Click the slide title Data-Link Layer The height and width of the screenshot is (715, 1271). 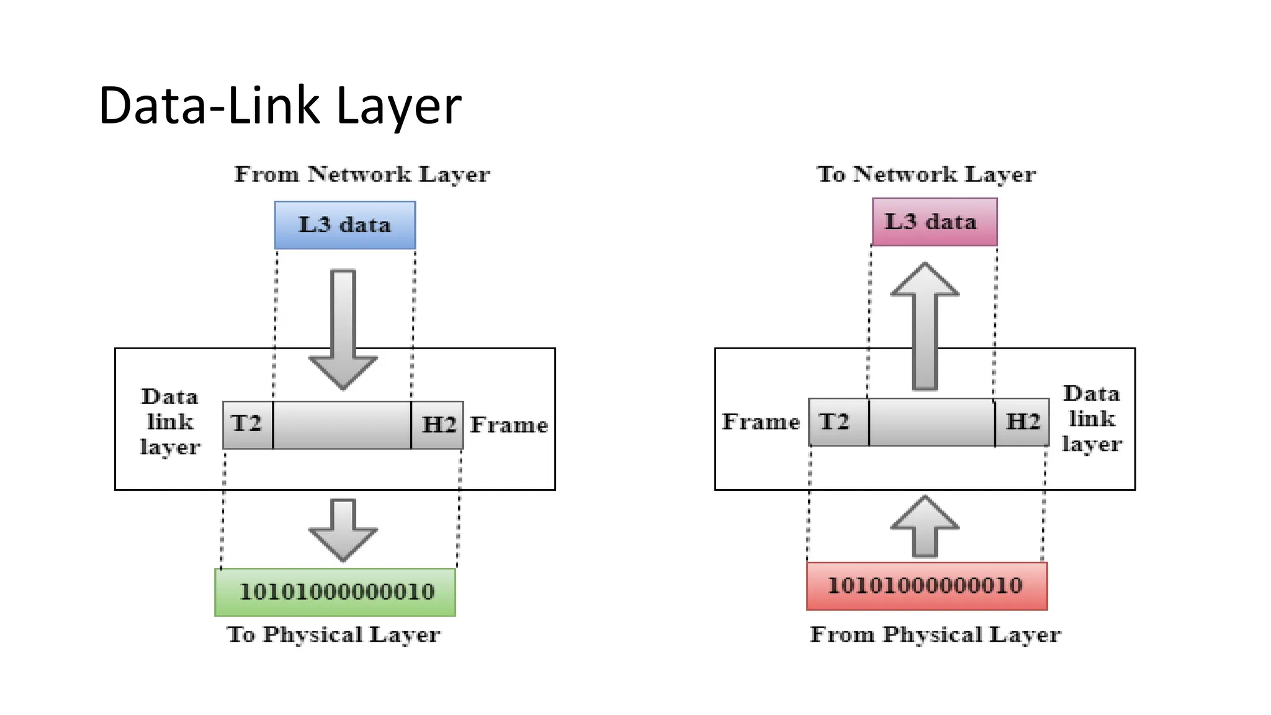pos(279,106)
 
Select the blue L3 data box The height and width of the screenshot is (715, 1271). pos(345,225)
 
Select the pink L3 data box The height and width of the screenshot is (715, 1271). pos(934,222)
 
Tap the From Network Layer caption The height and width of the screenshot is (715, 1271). pos(362,174)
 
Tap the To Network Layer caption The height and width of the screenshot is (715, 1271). pos(926,174)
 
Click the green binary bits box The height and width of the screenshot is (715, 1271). pos(335,591)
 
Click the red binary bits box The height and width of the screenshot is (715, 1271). pos(927,585)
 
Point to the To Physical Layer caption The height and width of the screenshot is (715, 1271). pos(334,634)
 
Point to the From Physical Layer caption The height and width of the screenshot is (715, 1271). pos(935,634)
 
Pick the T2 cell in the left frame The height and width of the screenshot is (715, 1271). pos(247,425)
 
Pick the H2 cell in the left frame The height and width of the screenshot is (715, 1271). pos(438,425)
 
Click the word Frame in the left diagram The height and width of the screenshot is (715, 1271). pos(509,425)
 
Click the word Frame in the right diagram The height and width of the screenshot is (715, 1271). pos(761,422)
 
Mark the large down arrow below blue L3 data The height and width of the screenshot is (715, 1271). pos(343,329)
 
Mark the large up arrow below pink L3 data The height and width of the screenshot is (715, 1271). pos(925,326)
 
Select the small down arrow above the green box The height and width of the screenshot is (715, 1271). pos(343,529)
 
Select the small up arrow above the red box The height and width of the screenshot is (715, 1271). pos(925,526)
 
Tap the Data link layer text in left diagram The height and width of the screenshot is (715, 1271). pos(170,422)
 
